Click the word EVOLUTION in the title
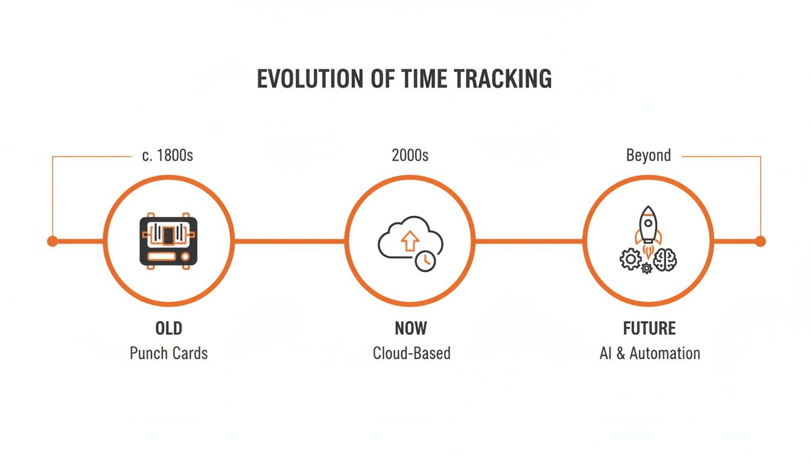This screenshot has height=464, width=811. click(x=305, y=80)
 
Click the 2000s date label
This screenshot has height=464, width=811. click(x=410, y=155)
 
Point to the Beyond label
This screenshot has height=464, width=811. click(x=648, y=155)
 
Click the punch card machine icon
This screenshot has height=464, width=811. click(x=168, y=240)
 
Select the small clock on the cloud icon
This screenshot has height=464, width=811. click(x=425, y=260)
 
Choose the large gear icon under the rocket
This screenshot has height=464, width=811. click(x=631, y=259)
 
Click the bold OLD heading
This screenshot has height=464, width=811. click(x=168, y=329)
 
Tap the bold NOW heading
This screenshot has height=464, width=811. click(x=410, y=329)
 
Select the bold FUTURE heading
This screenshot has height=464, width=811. click(x=649, y=329)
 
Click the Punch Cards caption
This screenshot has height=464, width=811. click(x=168, y=353)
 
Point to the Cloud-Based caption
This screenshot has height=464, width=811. click(x=412, y=353)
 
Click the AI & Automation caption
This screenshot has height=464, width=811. click(x=649, y=353)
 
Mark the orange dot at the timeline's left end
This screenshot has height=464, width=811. click(x=52, y=241)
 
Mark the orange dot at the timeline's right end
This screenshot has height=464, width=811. click(x=760, y=241)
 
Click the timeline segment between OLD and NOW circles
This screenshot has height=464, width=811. click(x=289, y=241)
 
